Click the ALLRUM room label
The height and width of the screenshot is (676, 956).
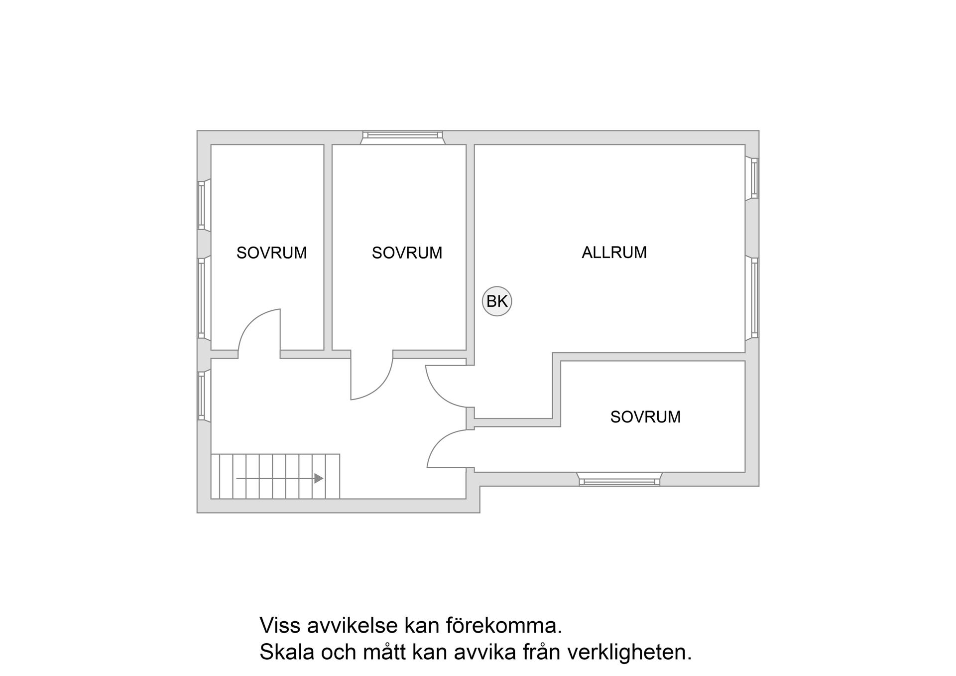coord(614,253)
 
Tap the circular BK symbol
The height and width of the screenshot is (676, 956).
coord(497,301)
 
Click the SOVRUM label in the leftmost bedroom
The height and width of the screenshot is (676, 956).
coord(271,253)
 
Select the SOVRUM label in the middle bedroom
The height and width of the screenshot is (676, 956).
coord(407,253)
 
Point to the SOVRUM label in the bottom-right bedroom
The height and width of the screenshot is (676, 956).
coord(645,417)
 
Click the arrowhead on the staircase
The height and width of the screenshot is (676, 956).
coord(319,478)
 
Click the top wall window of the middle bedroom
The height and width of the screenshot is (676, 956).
coord(402,135)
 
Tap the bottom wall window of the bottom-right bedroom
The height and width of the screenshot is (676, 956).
coord(619,481)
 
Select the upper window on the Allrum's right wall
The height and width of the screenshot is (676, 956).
coord(754,178)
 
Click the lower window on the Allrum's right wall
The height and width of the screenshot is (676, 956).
coord(754,297)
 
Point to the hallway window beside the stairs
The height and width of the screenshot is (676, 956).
coord(202,396)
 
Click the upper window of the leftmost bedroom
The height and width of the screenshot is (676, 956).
coord(202,205)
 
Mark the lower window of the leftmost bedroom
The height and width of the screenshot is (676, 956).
coord(202,297)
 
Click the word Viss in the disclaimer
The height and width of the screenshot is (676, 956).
coord(280,625)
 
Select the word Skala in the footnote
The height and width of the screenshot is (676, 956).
coord(287,653)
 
